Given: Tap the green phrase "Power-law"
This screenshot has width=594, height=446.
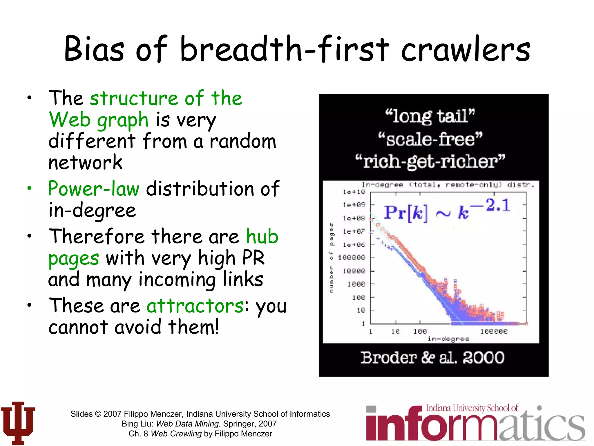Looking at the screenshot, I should pyautogui.click(x=94, y=189).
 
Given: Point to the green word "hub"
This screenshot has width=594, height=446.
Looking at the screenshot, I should pyautogui.click(x=262, y=236).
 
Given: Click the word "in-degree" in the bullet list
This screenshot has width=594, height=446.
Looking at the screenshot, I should pyautogui.click(x=92, y=210).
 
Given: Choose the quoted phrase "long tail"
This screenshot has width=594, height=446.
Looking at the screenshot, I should pyautogui.click(x=430, y=116).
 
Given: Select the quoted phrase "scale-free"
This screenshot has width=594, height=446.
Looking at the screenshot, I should pyautogui.click(x=430, y=139).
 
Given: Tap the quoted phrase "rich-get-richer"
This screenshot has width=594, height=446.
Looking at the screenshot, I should pyautogui.click(x=430, y=162).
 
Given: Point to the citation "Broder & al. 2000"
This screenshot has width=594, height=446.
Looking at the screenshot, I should pyautogui.click(x=432, y=357).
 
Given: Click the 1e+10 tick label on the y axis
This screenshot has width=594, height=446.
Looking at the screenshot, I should pyautogui.click(x=354, y=192).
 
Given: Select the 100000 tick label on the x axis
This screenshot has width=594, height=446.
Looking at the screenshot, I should pyautogui.click(x=494, y=331).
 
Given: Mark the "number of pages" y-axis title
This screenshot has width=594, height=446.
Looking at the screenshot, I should pyautogui.click(x=332, y=258).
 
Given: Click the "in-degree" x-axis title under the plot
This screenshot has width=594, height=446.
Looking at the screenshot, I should pyautogui.click(x=448, y=339).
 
